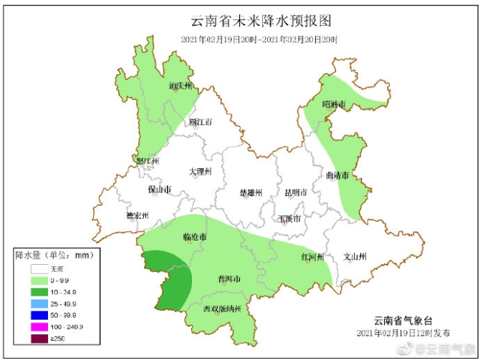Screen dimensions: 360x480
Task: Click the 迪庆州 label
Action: (x=181, y=86)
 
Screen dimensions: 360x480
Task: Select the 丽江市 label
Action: (x=201, y=122)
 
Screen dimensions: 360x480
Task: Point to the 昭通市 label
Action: (x=334, y=104)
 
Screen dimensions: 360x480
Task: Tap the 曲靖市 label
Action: (x=337, y=175)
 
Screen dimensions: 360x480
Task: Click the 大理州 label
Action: (x=201, y=172)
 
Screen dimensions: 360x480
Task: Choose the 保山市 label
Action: (x=159, y=190)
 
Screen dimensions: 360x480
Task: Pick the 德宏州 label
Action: (x=137, y=215)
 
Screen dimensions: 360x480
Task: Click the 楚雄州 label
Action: (x=251, y=193)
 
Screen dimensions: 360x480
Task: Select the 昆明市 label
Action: (x=296, y=193)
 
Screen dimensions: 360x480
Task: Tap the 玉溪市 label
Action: (x=289, y=218)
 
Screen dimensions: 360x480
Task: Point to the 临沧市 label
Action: (x=195, y=237)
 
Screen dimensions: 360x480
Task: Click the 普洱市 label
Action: (x=229, y=278)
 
